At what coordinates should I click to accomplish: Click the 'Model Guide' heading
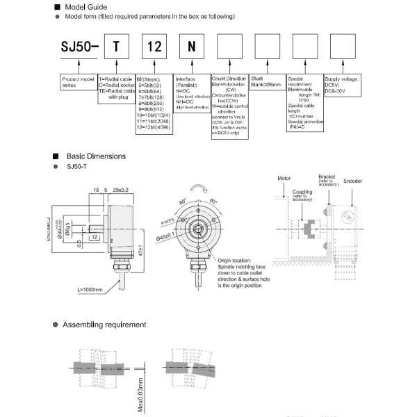84,7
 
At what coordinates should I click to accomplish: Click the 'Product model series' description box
79,82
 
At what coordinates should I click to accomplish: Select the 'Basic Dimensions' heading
96,156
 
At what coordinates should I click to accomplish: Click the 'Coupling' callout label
302,193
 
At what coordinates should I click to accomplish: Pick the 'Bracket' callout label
327,178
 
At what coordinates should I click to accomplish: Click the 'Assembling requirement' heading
104,325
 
